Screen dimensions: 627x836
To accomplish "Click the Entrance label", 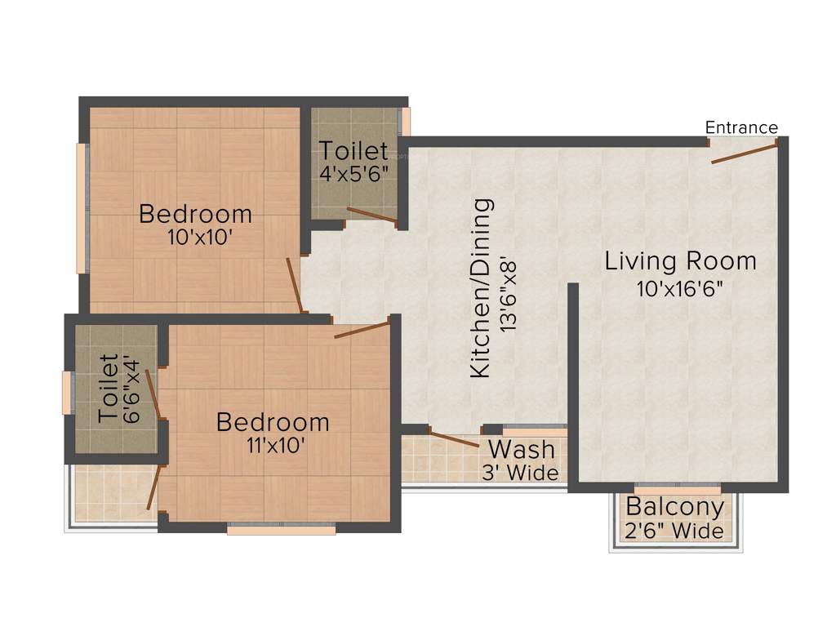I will pos(741,127).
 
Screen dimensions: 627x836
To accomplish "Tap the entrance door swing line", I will pos(743,152).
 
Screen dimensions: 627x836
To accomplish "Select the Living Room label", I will pos(680,261).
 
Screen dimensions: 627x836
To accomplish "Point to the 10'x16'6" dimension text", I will pos(680,288).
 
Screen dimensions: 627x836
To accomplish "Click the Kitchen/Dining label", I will pos(482,287).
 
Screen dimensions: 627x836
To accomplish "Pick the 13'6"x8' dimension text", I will pos(509,287).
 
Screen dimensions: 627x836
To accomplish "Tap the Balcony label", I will pos(674,507).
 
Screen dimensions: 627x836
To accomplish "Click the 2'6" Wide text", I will pos(674,531).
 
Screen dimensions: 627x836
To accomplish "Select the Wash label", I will pos(522,449).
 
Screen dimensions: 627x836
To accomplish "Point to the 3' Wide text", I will pos(522,474).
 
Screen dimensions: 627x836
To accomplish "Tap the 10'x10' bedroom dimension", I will pos(195,238).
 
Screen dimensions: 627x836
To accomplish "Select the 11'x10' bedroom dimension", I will pos(273,446).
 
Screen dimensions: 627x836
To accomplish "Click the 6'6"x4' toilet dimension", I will pos(131,389).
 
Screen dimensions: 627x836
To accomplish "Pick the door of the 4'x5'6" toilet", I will pos(371,215).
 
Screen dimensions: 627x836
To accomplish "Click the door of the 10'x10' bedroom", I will pos(296,286).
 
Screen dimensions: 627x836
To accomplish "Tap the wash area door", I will pos(454,439).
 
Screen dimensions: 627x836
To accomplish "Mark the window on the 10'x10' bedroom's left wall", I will pos(82,208).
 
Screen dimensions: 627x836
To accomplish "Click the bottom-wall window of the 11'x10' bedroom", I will pos(281,529).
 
